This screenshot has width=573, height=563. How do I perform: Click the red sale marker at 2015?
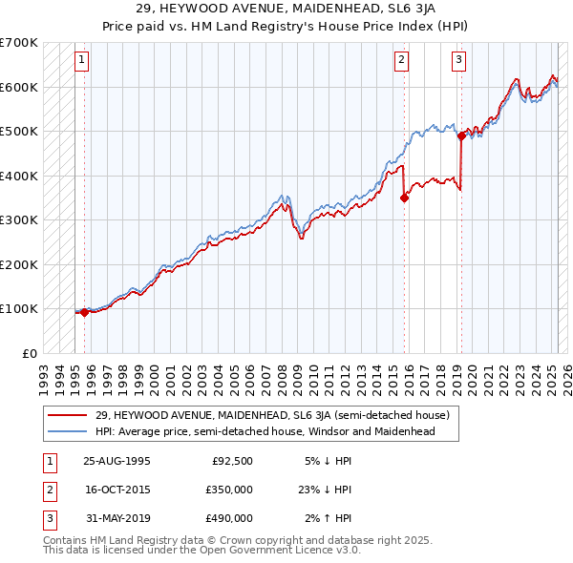click(x=405, y=198)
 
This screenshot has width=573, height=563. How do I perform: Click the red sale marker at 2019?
click(x=461, y=136)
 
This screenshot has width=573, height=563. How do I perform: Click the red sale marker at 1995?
click(x=84, y=311)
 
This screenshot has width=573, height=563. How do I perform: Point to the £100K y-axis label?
click(x=19, y=308)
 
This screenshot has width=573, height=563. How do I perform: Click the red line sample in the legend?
click(x=68, y=415)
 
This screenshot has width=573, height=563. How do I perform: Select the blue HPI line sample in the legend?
click(x=68, y=431)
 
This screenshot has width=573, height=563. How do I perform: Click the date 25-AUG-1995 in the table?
click(x=117, y=461)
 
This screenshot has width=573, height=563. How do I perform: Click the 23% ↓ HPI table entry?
click(x=324, y=490)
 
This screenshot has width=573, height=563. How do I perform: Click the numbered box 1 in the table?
click(x=49, y=461)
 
